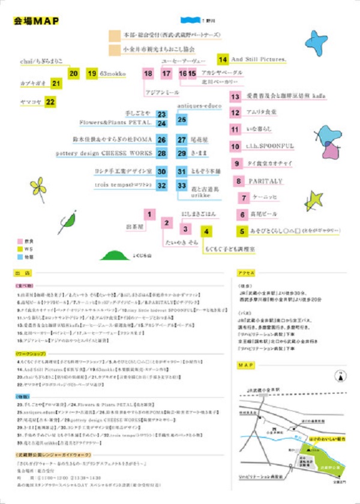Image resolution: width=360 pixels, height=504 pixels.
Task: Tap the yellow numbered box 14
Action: click(x=223, y=59)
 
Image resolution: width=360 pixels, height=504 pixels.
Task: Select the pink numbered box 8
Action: click(x=239, y=181)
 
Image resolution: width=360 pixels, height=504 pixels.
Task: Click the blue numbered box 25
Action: click(x=181, y=119)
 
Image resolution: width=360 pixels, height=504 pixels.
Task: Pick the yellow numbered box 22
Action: click(x=50, y=102)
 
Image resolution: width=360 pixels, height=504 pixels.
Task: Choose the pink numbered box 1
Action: click(x=150, y=213)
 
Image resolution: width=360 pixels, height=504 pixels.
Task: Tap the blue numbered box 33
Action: click(x=181, y=185)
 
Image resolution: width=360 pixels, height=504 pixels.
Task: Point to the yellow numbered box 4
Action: click(x=206, y=231)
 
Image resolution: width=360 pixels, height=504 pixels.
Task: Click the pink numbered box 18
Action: click(x=148, y=73)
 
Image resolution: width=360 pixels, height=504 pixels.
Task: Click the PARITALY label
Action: click(x=265, y=181)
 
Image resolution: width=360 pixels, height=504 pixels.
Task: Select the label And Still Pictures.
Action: click(x=259, y=59)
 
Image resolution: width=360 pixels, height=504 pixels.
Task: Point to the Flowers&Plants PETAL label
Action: click(x=114, y=123)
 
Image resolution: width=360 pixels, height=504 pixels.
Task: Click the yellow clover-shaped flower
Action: click(x=39, y=188)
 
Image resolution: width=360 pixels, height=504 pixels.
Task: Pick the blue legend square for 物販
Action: click(x=20, y=257)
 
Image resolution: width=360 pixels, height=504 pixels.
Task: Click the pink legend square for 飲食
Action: click(x=20, y=240)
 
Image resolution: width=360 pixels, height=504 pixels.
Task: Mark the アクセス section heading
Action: click(x=247, y=272)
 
